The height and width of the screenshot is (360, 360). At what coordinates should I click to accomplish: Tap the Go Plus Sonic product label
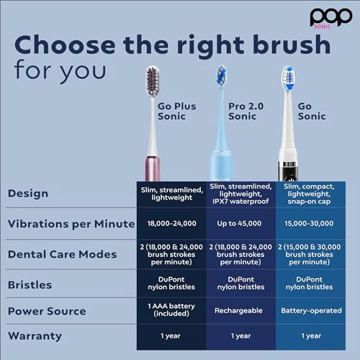[x=176, y=112]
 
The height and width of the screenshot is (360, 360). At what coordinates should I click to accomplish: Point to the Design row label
[x=27, y=193]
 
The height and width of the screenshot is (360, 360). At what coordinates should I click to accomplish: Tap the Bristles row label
[x=30, y=284]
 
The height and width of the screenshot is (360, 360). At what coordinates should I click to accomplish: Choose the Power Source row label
[x=46, y=311]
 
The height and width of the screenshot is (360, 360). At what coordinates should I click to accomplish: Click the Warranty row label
[x=35, y=336]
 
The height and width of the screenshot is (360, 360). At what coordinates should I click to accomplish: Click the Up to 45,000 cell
[x=241, y=223]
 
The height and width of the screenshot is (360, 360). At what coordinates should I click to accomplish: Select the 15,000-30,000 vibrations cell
[x=311, y=223]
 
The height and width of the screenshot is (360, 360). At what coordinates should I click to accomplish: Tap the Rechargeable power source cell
[x=241, y=312]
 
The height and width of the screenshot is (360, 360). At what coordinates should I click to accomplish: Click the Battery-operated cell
[x=311, y=312]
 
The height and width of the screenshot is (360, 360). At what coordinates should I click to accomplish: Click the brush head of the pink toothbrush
[x=153, y=81]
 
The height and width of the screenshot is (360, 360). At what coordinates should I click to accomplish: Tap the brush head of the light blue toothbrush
[x=222, y=76]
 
